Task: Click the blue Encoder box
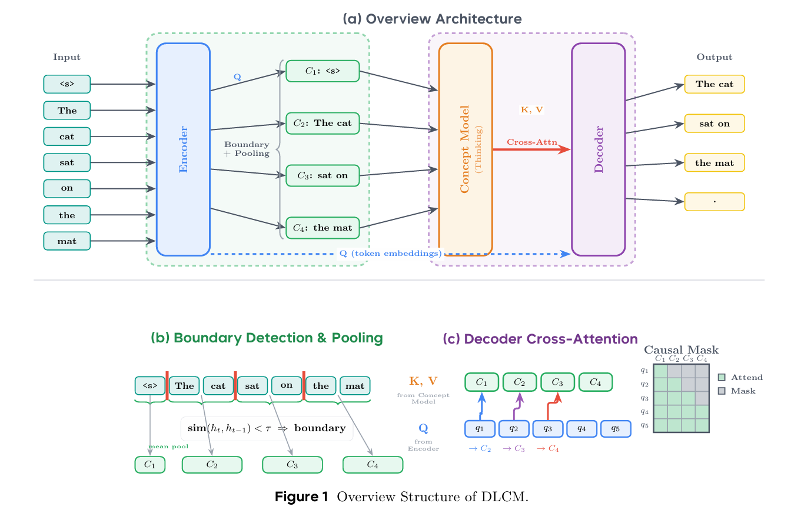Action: (x=183, y=149)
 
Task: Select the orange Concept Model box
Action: (x=466, y=149)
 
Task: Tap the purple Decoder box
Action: (x=598, y=149)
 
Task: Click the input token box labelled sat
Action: (x=67, y=162)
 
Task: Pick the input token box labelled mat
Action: (x=67, y=241)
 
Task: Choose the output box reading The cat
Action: (x=714, y=84)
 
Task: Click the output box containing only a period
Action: (x=714, y=202)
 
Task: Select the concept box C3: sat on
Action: (x=322, y=176)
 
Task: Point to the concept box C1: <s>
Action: (x=322, y=71)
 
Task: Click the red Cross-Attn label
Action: (x=532, y=142)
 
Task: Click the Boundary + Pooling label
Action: (x=247, y=149)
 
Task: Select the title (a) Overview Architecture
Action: (x=432, y=19)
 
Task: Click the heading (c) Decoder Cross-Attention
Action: (x=540, y=339)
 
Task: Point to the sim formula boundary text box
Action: (x=266, y=428)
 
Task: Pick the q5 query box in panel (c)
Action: (x=616, y=429)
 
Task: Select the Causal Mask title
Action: (x=682, y=350)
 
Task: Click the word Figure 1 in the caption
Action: (x=301, y=497)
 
